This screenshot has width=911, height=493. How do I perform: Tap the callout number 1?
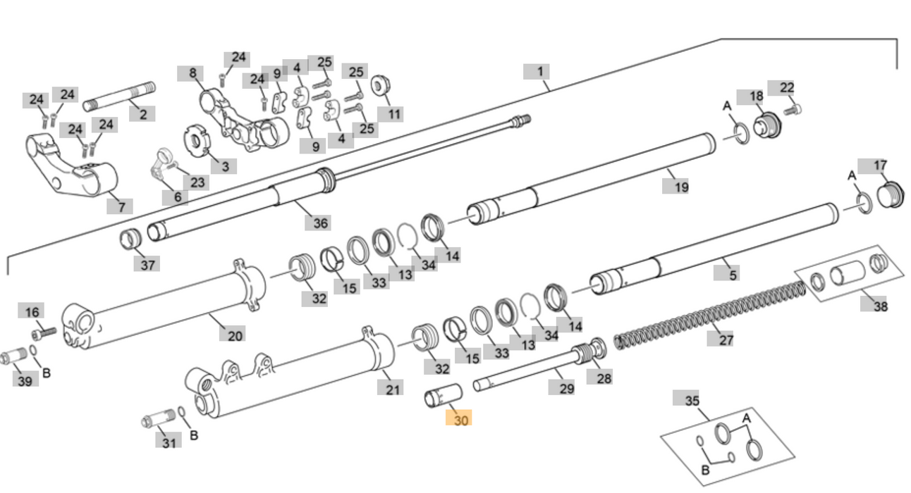point(539,71)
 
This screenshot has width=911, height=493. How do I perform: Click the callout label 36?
point(320,223)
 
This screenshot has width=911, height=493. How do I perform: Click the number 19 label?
point(680,187)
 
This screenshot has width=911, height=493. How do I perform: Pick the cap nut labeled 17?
point(891,194)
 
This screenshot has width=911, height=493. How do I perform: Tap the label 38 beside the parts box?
point(879,306)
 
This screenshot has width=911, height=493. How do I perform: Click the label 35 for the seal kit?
point(692,400)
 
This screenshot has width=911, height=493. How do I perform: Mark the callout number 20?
point(235,335)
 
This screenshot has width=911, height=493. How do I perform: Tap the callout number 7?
point(121,206)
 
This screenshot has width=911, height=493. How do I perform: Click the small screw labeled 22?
point(793,109)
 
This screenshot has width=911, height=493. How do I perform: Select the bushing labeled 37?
point(130,239)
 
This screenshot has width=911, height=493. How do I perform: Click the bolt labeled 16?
point(44,330)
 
